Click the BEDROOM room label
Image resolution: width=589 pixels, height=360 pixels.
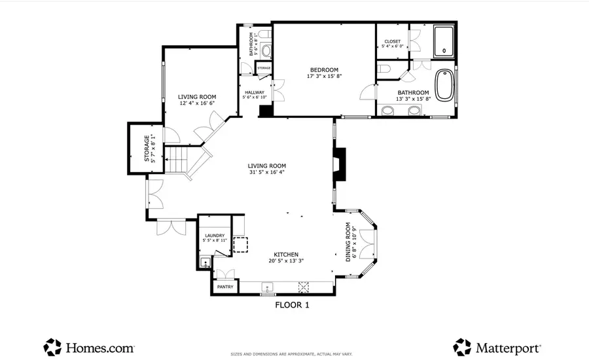point(324,70)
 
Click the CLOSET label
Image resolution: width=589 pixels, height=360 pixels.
point(392,41)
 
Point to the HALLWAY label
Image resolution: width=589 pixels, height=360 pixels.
point(255,92)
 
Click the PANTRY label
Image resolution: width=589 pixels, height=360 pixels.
point(225,287)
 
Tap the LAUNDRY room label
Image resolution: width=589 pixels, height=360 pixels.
point(215,236)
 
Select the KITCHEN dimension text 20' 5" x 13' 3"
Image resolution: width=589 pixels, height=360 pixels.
point(286,260)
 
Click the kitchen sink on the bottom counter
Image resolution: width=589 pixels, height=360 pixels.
point(267,287)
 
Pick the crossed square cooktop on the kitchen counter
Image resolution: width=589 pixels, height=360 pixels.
point(304,286)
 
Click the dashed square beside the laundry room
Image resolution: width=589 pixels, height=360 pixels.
point(241,245)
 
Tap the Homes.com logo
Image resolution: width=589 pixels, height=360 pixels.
point(89,347)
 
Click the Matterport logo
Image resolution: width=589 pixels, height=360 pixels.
point(497,347)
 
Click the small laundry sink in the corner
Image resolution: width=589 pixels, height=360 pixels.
point(205,264)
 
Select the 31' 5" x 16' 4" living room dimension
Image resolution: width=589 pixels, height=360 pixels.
point(266,173)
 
